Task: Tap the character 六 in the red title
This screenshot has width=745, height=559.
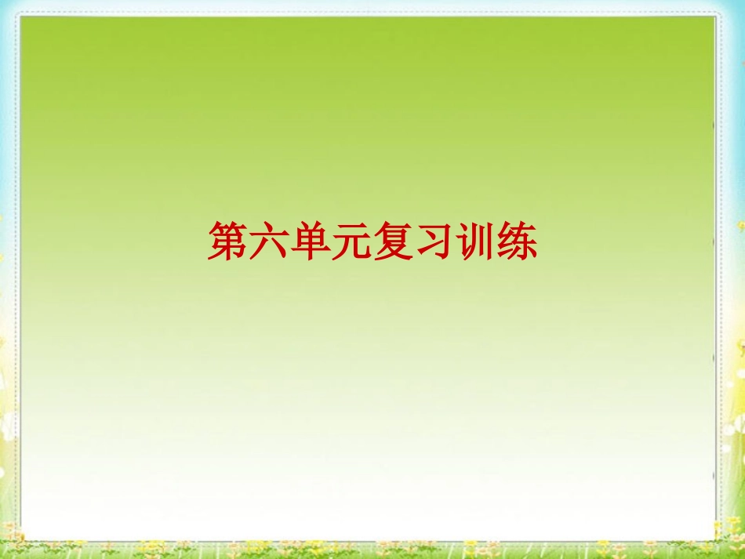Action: [x=269, y=240]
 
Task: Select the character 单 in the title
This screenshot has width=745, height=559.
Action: [x=311, y=240]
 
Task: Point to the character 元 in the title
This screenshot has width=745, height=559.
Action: [x=351, y=240]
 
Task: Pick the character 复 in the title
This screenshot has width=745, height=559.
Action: [x=393, y=240]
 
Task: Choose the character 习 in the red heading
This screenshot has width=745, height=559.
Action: [x=434, y=240]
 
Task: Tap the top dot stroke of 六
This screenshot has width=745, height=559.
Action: [x=269, y=225]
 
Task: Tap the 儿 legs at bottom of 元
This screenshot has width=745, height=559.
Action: [x=352, y=250]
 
